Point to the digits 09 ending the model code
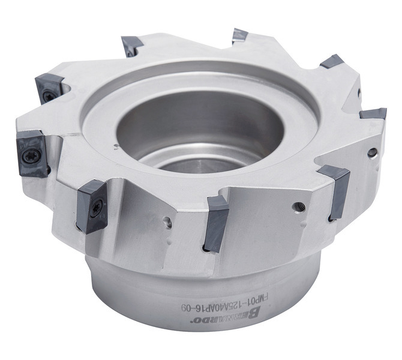[187, 307]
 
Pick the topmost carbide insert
[240, 36]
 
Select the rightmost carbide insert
[373, 113]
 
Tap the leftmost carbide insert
[32, 153]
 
